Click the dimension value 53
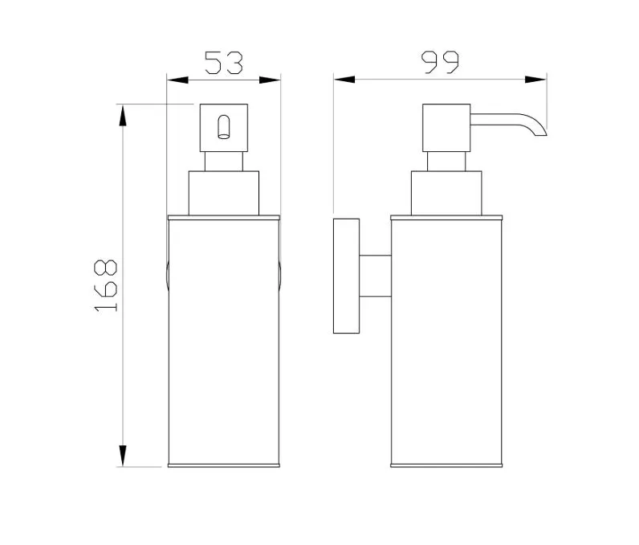tap(224, 63)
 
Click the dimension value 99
tap(440, 63)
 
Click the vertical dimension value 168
tap(105, 285)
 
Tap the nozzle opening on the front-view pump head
tap(224, 127)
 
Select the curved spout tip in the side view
tap(539, 129)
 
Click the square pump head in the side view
tap(446, 128)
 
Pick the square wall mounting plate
tap(347, 276)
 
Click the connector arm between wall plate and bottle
tap(376, 276)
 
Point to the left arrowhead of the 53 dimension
tap(177, 80)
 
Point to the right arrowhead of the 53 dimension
tap(270, 80)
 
